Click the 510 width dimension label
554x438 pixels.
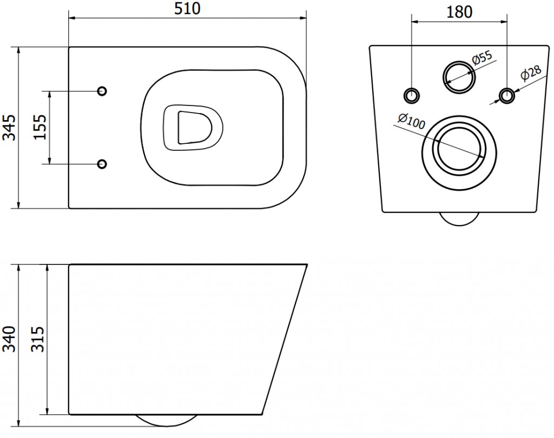pyautogui.click(x=187, y=9)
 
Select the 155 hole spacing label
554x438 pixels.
pyautogui.click(x=40, y=127)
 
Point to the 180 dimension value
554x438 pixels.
pyautogui.click(x=459, y=12)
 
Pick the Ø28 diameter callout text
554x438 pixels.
pyautogui.click(x=531, y=73)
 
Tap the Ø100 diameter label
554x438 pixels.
pyautogui.click(x=412, y=121)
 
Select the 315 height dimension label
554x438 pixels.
pyautogui.click(x=38, y=339)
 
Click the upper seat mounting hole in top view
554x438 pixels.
pyautogui.click(x=102, y=91)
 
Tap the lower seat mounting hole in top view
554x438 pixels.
pyautogui.click(x=102, y=164)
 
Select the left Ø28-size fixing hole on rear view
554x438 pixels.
pyautogui.click(x=412, y=95)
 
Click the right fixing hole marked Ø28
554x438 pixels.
pyautogui.click(x=507, y=95)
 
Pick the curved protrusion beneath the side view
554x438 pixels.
pyautogui.click(x=166, y=425)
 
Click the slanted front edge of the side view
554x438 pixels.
pyautogui.click(x=285, y=339)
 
